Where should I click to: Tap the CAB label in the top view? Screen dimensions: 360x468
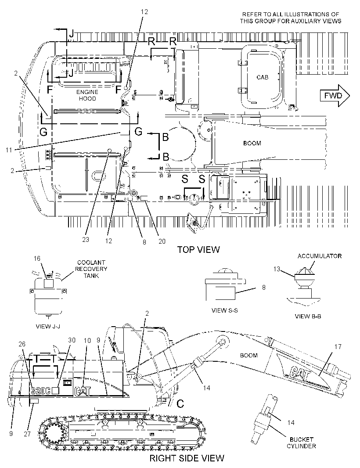click(263, 77)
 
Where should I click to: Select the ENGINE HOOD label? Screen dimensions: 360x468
click(87, 95)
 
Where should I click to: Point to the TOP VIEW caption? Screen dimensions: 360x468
click(198, 249)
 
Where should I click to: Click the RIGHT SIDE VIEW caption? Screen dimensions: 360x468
click(187, 458)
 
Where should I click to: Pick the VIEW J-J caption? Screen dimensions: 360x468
click(48, 326)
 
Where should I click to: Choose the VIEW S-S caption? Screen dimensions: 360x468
click(224, 310)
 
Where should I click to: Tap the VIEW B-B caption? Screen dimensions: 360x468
click(308, 317)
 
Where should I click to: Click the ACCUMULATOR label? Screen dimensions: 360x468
click(320, 256)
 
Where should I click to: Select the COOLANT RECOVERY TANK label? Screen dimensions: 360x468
click(91, 269)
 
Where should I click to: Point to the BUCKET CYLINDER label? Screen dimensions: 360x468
click(301, 443)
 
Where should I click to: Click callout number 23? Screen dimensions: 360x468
click(86, 239)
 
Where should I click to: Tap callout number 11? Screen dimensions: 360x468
click(9, 150)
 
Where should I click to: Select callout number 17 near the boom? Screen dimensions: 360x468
click(338, 346)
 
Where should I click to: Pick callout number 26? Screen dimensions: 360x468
click(22, 344)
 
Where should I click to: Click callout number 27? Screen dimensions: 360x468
click(27, 433)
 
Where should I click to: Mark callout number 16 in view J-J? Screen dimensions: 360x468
click(37, 258)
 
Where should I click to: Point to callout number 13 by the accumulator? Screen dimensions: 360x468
click(277, 269)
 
